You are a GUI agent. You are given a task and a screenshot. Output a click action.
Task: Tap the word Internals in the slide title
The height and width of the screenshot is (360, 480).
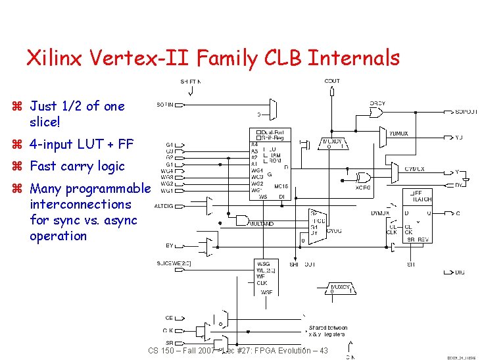(354, 58)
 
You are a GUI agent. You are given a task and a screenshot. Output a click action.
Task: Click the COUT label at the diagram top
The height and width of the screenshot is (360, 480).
(333, 81)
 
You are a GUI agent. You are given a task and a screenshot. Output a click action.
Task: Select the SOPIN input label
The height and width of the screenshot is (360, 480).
(166, 104)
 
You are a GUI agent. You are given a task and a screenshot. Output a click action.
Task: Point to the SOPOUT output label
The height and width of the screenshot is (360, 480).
(466, 111)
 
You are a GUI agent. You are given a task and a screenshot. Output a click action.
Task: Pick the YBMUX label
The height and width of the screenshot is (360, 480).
(398, 134)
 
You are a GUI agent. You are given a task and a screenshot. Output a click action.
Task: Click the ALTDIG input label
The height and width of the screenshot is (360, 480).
(164, 206)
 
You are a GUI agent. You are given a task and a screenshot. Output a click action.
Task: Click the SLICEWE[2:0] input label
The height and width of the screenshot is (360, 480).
(172, 263)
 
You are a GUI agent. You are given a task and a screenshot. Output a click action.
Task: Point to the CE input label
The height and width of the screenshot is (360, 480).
(169, 317)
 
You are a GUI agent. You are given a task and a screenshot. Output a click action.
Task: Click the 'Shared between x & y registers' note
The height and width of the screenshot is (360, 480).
(327, 331)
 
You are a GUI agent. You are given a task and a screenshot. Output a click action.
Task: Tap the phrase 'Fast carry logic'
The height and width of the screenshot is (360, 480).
(77, 166)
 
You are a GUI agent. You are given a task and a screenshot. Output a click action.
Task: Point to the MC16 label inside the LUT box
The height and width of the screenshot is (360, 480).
(281, 186)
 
